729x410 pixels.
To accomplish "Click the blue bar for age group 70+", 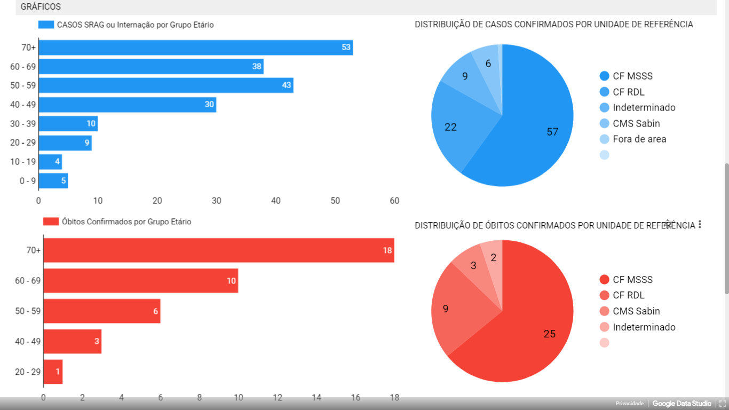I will tap(195, 48).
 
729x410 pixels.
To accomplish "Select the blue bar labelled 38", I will tap(151, 67).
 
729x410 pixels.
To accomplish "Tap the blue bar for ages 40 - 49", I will tap(127, 105).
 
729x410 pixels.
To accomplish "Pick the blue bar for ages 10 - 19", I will tap(50, 162).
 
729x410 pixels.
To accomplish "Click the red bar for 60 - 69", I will tap(140, 281).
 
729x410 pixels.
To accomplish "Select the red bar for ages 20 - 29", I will tap(53, 372).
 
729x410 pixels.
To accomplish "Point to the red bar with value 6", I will tap(101, 311).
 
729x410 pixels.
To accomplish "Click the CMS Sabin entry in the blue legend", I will tap(636, 123).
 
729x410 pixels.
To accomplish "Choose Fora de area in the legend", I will tap(639, 139).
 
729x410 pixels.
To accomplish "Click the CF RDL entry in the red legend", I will tap(628, 295).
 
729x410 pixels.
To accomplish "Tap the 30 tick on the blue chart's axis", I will tap(216, 201).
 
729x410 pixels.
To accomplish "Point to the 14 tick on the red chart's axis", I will tap(316, 398).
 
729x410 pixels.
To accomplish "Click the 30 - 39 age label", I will tap(23, 124).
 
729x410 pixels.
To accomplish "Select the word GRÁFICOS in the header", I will tap(41, 7).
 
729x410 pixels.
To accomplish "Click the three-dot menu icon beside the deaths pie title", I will tap(700, 225).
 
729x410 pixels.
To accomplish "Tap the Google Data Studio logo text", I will tap(682, 404).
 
